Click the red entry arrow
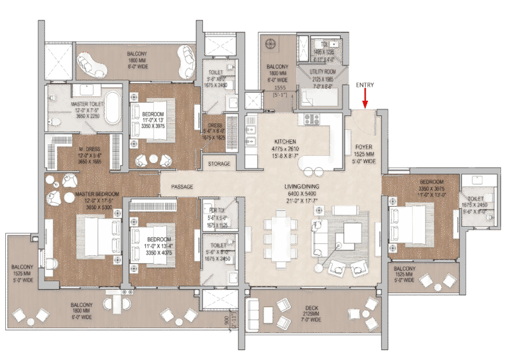pyautogui.click(x=365, y=100)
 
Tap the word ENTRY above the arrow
pyautogui.click(x=365, y=86)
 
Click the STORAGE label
pyautogui.click(x=219, y=163)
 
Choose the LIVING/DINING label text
pyautogui.click(x=298, y=187)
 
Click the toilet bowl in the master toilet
pyautogui.click(x=54, y=123)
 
